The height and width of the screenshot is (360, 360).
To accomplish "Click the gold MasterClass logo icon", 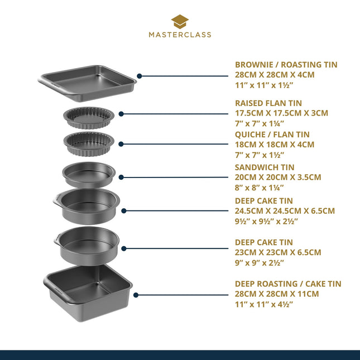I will (x=180, y=21).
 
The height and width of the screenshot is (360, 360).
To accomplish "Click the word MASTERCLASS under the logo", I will (x=180, y=35).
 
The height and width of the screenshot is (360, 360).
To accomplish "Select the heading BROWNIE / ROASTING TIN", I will (x=286, y=65).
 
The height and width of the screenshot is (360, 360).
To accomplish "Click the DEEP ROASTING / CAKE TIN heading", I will (x=288, y=284).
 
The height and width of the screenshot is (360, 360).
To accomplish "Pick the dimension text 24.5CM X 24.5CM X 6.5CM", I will (x=285, y=211).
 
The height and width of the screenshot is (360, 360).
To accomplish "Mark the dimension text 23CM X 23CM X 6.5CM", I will (x=278, y=252).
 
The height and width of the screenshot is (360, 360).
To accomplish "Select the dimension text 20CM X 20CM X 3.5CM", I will (x=278, y=177).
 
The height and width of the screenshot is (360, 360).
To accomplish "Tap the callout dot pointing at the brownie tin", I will (x=140, y=75).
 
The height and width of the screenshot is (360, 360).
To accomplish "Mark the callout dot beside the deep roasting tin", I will (x=136, y=294).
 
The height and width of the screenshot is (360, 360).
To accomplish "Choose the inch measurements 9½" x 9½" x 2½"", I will (x=266, y=221).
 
